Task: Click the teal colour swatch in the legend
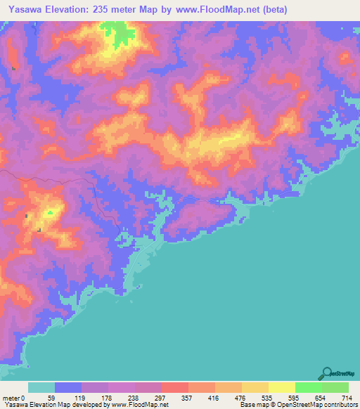coord(41,387)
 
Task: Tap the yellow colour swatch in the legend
coord(281,387)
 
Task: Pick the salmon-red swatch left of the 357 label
coord(174,387)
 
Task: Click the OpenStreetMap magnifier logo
coord(327,372)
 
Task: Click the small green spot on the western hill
coord(51,211)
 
